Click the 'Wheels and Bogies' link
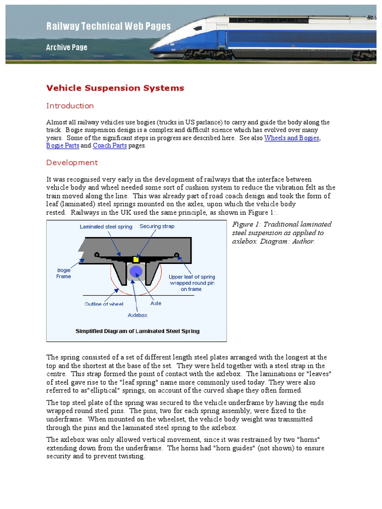(x=291, y=138)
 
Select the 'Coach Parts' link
(x=110, y=146)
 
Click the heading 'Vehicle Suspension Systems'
(x=115, y=88)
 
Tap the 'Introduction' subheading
(x=70, y=105)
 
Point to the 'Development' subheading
(x=72, y=163)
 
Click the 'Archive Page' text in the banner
(x=67, y=48)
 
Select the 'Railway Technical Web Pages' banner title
(x=108, y=26)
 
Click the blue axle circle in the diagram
(x=136, y=271)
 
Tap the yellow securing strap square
(x=135, y=259)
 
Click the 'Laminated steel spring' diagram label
(x=106, y=227)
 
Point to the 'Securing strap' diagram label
(x=157, y=227)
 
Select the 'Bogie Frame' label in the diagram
(x=63, y=273)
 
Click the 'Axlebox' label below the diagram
(x=137, y=315)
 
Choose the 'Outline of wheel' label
(x=103, y=303)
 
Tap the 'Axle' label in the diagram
(x=156, y=303)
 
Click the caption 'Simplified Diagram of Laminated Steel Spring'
(x=137, y=331)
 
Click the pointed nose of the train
(x=154, y=49)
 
